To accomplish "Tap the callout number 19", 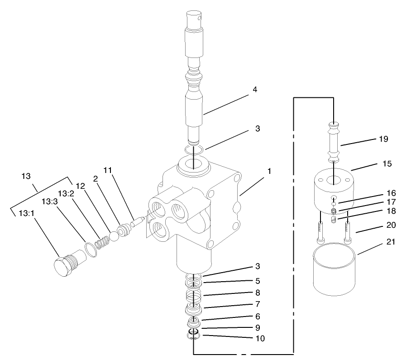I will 383,139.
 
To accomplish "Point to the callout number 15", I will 387,163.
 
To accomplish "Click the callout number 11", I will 107,170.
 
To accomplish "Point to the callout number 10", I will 259,338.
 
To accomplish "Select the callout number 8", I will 257,293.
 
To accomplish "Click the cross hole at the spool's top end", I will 196,19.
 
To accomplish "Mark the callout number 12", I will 81,186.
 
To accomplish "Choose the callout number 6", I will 257,316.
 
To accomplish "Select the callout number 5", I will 257,280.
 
